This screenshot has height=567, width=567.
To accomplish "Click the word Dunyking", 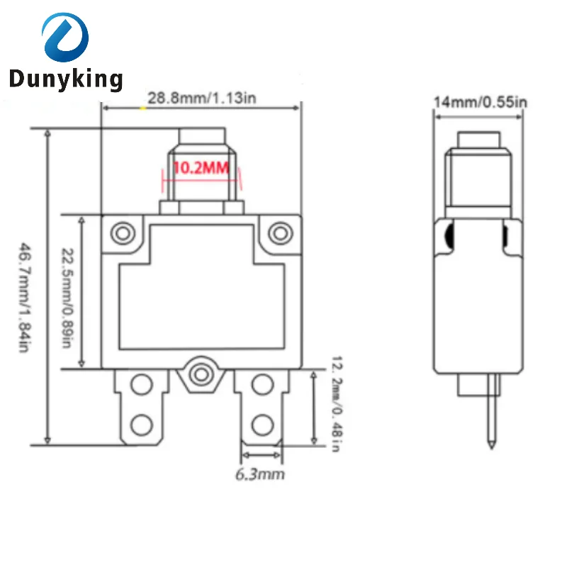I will click(65, 79).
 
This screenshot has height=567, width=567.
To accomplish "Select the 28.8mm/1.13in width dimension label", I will click(201, 99).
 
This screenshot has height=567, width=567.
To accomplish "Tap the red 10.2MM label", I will click(202, 169).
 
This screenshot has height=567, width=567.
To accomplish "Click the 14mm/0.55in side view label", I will click(481, 102).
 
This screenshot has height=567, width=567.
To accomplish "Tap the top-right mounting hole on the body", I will click(280, 232).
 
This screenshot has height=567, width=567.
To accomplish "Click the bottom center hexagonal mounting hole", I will click(202, 373).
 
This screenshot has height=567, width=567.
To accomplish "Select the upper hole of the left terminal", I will click(142, 385).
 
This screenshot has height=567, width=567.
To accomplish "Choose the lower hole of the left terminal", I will click(142, 425).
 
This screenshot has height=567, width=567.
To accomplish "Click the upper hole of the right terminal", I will click(262, 385).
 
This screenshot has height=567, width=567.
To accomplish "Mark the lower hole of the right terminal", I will click(262, 425).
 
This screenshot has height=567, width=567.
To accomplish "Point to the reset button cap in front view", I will click(202, 137).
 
